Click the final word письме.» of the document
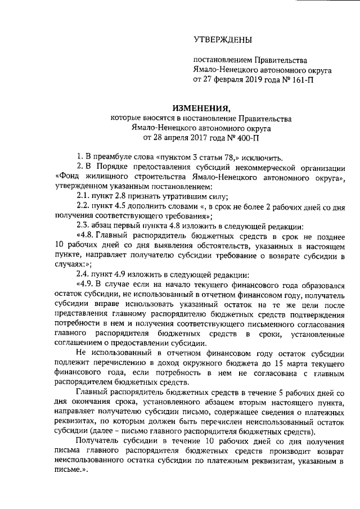tap(70, 473)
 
